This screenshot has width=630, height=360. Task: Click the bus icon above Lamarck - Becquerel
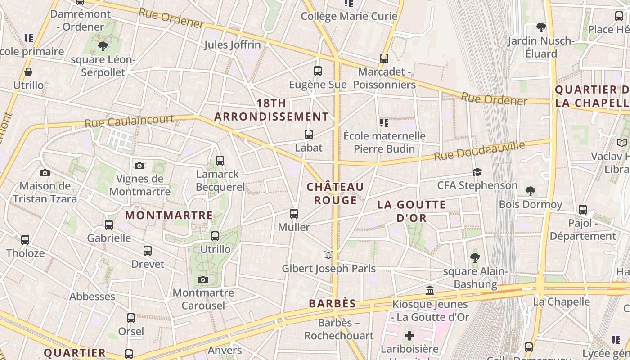tap(220, 160)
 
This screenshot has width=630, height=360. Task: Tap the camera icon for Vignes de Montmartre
tap(139, 166)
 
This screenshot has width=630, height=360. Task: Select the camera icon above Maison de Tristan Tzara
tap(45, 173)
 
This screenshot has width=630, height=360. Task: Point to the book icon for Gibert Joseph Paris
tap(328, 255)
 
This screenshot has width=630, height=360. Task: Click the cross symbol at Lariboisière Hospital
tap(409, 336)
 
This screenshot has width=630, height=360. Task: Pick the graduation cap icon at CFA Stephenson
tap(477, 172)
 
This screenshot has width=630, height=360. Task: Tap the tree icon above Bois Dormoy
tap(531, 191)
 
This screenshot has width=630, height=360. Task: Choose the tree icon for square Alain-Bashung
tap(475, 257)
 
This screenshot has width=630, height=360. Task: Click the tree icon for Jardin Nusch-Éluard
tap(541, 27)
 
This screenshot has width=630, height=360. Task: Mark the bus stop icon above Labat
tap(308, 134)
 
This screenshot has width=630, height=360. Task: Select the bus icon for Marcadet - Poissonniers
tap(384, 58)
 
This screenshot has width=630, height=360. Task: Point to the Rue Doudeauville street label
tap(479, 151)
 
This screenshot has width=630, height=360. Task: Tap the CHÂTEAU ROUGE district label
tap(335, 193)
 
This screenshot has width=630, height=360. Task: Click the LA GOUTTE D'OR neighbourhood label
tap(411, 211)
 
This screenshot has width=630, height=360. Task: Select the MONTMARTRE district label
tap(169, 216)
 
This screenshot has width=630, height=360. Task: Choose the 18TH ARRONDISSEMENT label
tap(272, 110)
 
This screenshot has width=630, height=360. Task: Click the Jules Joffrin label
tap(232, 45)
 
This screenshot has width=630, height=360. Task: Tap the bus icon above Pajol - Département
tap(583, 209)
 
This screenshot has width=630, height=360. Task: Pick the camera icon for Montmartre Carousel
tap(203, 280)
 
